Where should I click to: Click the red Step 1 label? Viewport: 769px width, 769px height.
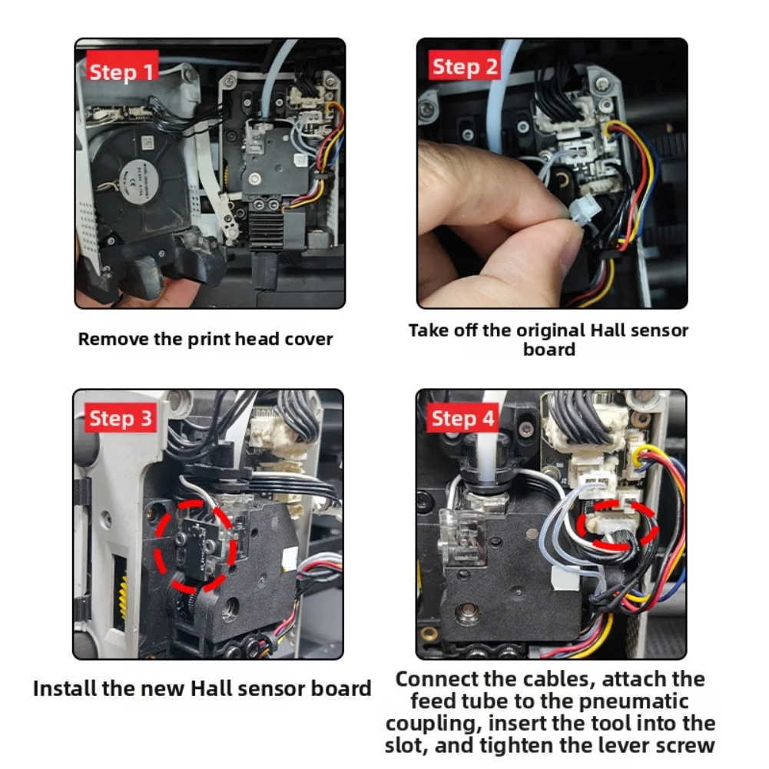(122, 71)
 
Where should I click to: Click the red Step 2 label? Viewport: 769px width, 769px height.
(464, 66)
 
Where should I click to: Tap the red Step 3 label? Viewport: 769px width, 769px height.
(121, 419)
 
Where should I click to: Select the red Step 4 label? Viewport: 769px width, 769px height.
(462, 419)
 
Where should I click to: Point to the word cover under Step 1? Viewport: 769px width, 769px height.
(309, 340)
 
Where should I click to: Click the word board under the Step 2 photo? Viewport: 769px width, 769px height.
(549, 350)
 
